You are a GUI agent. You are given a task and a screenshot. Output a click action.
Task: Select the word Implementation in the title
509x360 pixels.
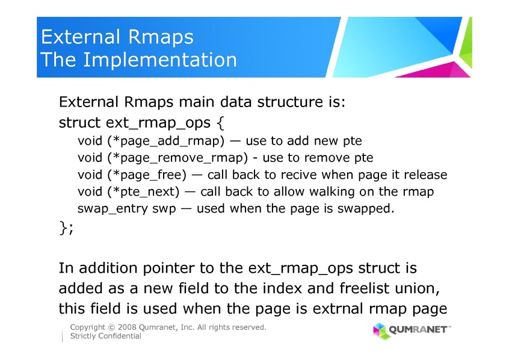[160, 60]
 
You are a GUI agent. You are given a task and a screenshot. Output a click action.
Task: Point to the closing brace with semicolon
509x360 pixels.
[67, 227]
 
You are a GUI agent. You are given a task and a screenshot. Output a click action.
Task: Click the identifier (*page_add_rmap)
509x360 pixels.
[166, 141]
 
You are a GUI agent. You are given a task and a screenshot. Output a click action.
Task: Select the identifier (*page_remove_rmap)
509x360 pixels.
[177, 158]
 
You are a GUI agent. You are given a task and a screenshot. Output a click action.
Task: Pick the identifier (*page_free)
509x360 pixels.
[147, 175]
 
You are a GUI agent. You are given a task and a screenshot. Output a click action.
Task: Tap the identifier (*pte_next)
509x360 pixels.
[143, 192]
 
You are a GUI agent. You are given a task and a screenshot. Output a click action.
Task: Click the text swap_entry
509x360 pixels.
[113, 208]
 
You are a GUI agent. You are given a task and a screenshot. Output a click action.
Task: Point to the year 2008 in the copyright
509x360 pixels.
[127, 327]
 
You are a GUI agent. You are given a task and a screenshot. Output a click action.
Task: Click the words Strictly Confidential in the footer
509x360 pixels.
[106, 336]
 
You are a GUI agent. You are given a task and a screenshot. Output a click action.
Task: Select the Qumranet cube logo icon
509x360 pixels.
[380, 331]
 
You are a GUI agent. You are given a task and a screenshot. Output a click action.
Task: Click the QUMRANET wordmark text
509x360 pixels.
[419, 330]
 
